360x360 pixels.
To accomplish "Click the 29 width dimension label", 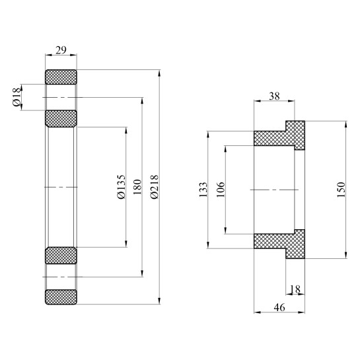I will point(61,50).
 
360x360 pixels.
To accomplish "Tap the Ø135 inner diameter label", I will point(120,187).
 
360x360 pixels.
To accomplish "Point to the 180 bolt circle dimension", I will point(137,187).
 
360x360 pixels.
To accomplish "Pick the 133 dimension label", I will point(203,190).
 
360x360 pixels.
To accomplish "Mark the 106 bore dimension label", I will point(221,190).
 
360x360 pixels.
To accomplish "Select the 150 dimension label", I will point(341,190).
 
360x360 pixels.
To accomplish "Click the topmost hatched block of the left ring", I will point(61,76).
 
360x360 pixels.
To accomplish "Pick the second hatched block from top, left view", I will point(61,118).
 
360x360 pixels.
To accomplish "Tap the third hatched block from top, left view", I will point(61,255).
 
